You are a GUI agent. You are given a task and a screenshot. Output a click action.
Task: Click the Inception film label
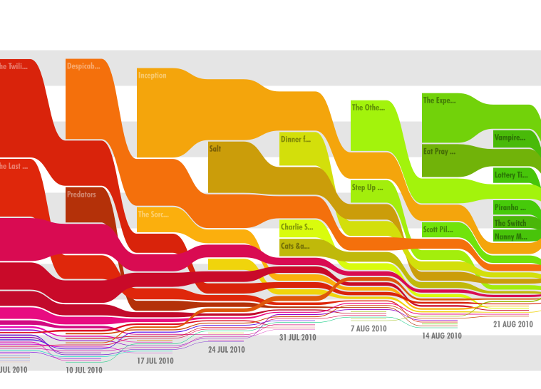coord(152,76)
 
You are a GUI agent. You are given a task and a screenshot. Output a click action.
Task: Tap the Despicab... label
coord(83,66)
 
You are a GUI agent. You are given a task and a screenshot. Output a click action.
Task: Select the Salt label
coord(215,150)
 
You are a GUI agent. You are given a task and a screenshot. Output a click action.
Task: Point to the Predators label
coord(81,194)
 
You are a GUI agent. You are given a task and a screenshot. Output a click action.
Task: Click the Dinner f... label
coord(296,140)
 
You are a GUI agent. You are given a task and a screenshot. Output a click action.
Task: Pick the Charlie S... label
coord(297,227)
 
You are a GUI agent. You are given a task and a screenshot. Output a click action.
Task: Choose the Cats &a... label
coord(295,247)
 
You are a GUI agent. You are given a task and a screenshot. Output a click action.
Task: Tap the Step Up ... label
coord(367,188)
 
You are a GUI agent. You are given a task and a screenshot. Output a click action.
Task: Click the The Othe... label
coord(368,108)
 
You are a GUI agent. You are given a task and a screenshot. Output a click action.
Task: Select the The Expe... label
coord(439,100)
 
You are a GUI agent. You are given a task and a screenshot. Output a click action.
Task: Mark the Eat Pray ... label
coord(439,152)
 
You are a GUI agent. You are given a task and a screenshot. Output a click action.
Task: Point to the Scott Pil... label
coord(438,229)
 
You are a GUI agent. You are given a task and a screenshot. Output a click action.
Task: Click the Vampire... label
coord(510,138)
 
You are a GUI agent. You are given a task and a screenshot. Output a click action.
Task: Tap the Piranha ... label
coord(510,208)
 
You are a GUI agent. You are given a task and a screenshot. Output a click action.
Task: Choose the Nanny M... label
coord(510,237)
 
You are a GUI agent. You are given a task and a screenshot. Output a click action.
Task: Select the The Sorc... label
coord(153,214)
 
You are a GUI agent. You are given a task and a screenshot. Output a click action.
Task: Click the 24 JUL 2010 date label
coord(226,350)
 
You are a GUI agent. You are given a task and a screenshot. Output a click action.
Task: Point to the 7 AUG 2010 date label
coord(368,328)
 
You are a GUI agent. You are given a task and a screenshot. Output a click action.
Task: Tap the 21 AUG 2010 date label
coord(513,324)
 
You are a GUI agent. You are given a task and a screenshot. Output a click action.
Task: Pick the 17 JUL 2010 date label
coord(155,361)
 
